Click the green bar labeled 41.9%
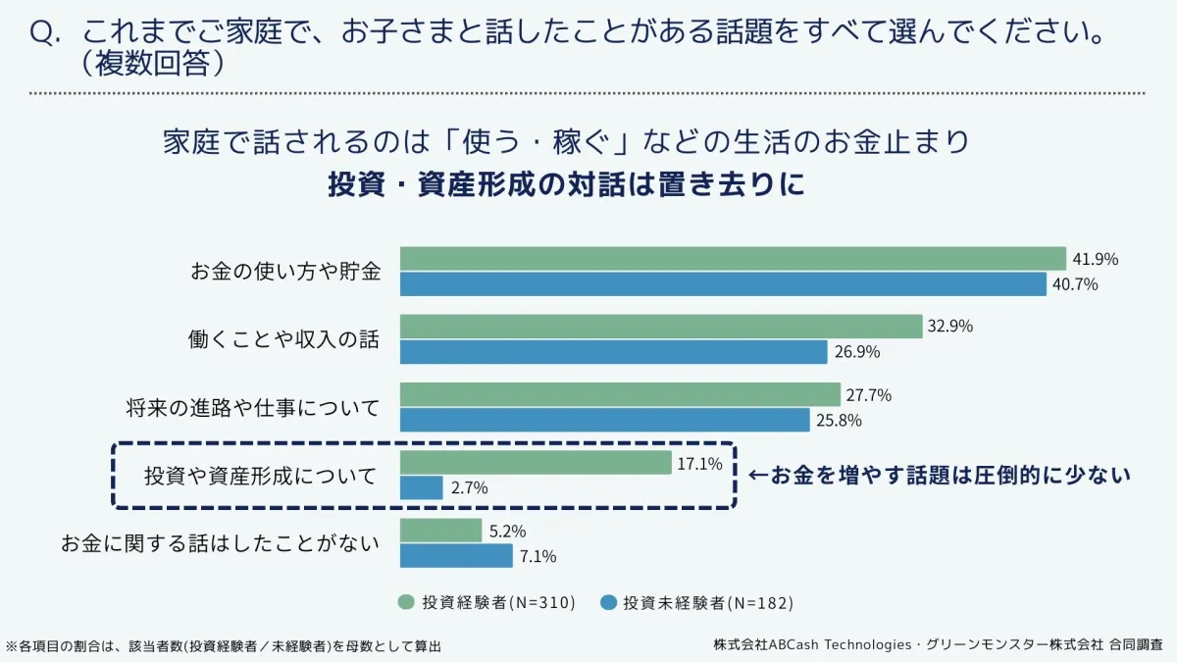tap(733, 259)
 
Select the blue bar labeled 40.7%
tap(723, 284)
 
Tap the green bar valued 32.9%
tap(661, 327)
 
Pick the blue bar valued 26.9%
tap(614, 352)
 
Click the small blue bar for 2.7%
tap(422, 487)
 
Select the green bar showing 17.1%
tap(535, 463)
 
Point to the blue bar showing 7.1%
tap(456, 556)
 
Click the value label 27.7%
tap(868, 395)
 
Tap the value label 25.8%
tap(838, 421)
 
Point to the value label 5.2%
tap(507, 531)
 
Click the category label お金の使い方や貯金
tap(284, 272)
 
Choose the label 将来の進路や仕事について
tap(252, 407)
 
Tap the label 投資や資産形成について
tap(260, 477)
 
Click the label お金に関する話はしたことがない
tap(220, 542)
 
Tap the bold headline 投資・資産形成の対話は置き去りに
tap(566, 185)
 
